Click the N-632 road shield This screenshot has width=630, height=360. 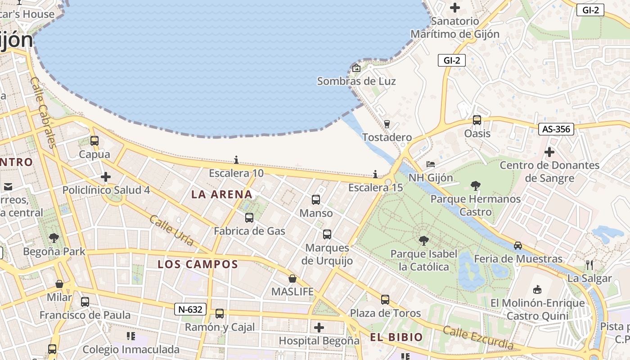pyautogui.click(x=191, y=309)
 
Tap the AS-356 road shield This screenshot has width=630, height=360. pyautogui.click(x=556, y=129)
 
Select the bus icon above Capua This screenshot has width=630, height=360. pyautogui.click(x=94, y=141)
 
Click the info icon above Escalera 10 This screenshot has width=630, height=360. pyautogui.click(x=236, y=160)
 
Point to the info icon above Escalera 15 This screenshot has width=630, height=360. pyautogui.click(x=375, y=174)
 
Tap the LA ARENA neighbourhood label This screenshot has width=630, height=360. pyautogui.click(x=222, y=194)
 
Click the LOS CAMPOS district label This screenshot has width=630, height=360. pyautogui.click(x=198, y=264)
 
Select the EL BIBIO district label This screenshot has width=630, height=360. pyautogui.click(x=396, y=337)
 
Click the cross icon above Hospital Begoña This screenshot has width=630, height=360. pyautogui.click(x=319, y=327)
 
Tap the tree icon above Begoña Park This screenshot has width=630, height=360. pyautogui.click(x=54, y=238)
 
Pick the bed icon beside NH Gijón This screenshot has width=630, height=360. pyautogui.click(x=431, y=164)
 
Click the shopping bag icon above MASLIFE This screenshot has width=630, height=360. pyautogui.click(x=292, y=279)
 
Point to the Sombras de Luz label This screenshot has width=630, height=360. pyautogui.click(x=356, y=81)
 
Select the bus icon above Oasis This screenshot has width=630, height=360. pyautogui.click(x=477, y=120)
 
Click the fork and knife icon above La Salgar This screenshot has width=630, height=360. pyautogui.click(x=589, y=265)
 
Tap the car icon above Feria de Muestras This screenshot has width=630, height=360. pyautogui.click(x=518, y=245)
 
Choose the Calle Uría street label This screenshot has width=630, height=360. pyautogui.click(x=171, y=230)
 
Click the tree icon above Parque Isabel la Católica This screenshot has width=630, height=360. pyautogui.click(x=423, y=241)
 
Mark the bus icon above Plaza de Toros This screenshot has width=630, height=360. pyautogui.click(x=385, y=299)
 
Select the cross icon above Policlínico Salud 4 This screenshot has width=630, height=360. pyautogui.click(x=106, y=177)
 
